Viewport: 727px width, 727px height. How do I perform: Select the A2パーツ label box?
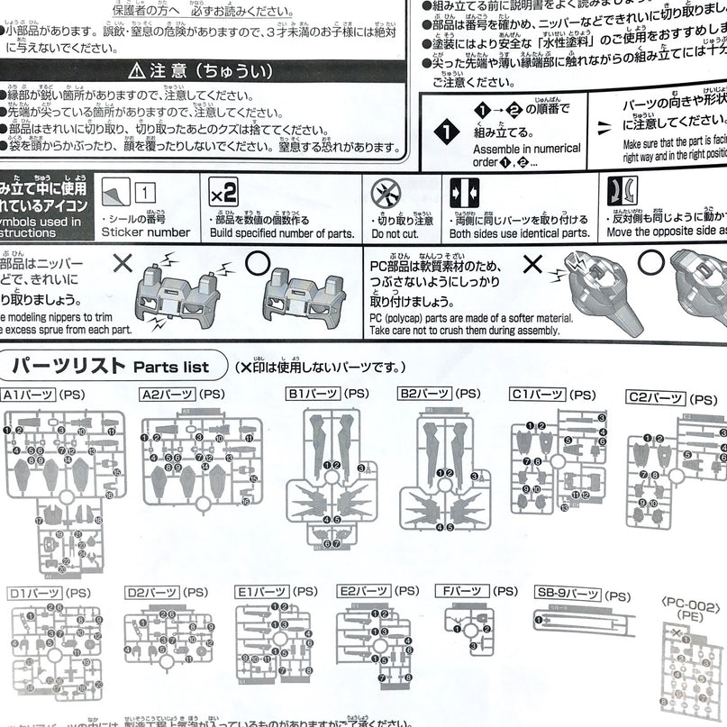tap(168, 395)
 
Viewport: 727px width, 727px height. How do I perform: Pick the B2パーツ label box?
tap(424, 394)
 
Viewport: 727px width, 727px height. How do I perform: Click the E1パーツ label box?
tap(261, 591)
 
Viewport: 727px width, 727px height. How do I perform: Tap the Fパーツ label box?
tap(466, 591)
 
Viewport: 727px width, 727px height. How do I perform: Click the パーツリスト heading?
tap(68, 366)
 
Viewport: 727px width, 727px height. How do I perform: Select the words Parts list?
tap(171, 368)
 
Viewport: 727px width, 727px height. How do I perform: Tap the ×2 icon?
tap(223, 193)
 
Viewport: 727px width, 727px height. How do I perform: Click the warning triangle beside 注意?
tap(135, 68)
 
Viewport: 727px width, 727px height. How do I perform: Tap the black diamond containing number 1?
tap(446, 132)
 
